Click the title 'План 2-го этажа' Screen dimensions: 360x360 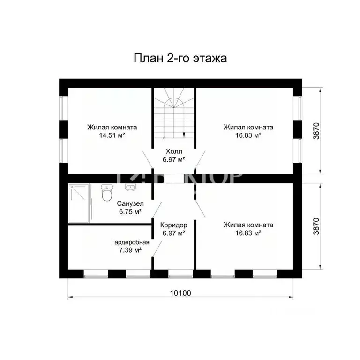coord(180,58)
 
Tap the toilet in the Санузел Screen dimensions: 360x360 coord(107,191)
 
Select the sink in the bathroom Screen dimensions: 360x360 coord(130,188)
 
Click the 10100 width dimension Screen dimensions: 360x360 coord(180,293)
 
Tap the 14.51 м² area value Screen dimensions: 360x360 coord(112,135)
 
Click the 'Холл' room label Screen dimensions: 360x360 coord(173,151)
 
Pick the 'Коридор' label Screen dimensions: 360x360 coord(173,225)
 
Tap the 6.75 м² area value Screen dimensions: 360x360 coord(130,212)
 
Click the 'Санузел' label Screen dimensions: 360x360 coord(130,204)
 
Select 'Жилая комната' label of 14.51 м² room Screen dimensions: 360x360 coord(112,127)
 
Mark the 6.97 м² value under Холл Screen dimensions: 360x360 coord(173,159)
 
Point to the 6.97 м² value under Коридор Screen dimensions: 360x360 coord(173,232)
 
